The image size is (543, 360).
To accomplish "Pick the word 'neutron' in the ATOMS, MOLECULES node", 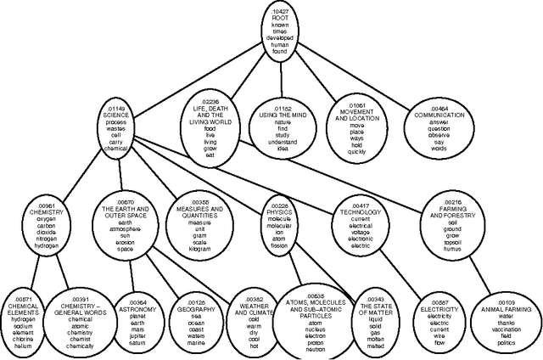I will tap(291, 348).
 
